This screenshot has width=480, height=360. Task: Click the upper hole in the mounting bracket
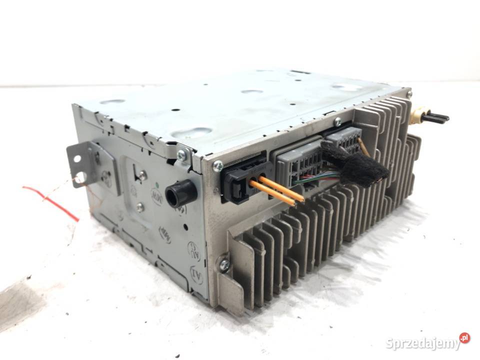pos(77,158)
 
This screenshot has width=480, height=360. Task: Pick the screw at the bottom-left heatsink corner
pos(224,264)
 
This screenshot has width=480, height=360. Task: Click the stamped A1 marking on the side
pos(196,274)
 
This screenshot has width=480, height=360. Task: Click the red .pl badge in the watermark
pos(464,338)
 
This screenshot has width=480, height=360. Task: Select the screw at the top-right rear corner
pos(408,93)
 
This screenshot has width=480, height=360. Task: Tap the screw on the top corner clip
pos(180,156)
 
